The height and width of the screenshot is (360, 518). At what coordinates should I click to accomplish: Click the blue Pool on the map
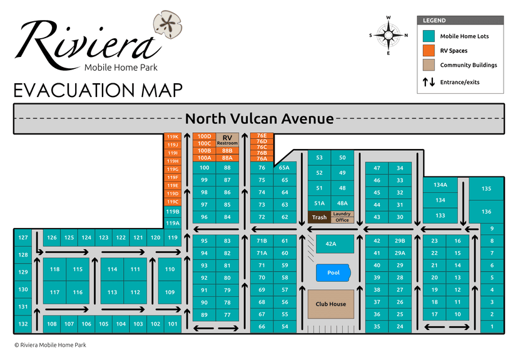[332, 273]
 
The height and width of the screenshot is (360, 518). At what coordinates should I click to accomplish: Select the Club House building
[330, 304]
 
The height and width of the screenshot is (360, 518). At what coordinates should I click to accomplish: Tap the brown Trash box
[319, 217]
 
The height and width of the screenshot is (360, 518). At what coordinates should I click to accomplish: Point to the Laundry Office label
[342, 217]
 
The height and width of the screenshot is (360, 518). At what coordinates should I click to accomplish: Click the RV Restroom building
[227, 140]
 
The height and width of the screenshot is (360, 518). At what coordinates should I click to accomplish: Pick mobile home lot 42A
[330, 244]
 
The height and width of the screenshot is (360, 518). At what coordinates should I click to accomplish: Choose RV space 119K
[172, 136]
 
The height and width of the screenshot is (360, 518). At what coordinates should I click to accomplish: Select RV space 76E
[262, 135]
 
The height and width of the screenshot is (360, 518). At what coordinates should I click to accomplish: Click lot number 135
[486, 188]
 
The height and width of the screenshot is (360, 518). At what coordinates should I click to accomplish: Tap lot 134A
[440, 185]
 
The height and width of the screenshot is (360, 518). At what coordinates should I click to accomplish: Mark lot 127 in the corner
[23, 238]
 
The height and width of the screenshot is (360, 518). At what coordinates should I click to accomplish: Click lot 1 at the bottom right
[492, 327]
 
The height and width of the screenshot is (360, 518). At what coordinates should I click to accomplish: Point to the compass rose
[388, 35]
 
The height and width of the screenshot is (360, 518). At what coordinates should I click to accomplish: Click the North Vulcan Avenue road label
[259, 118]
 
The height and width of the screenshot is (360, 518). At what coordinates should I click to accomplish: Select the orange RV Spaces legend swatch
[429, 51]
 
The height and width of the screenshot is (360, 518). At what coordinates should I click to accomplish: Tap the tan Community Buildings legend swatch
[429, 65]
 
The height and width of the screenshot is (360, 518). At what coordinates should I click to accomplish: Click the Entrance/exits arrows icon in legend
[429, 82]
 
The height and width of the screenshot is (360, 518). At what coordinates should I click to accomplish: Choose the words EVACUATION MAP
[98, 90]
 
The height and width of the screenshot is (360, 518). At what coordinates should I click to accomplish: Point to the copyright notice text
[50, 345]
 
